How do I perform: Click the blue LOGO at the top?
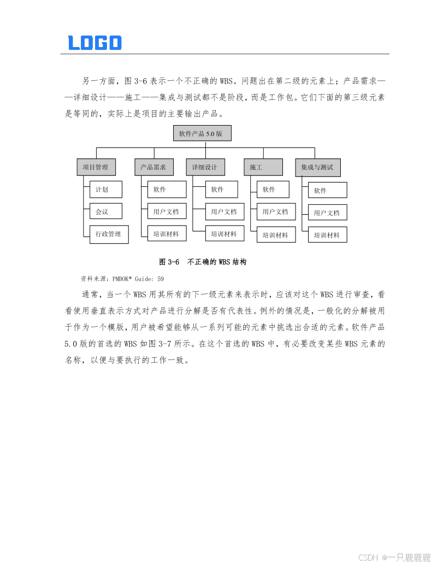point(95,43)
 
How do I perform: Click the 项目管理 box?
point(96,167)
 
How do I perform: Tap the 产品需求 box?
point(153,167)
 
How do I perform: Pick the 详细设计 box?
point(205,167)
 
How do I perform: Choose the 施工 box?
point(263,167)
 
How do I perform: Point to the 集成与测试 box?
point(317,167)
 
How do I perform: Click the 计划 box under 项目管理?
point(106,190)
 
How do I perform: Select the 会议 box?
point(106,211)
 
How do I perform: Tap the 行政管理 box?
point(109,234)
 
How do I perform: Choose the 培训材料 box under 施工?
point(276,235)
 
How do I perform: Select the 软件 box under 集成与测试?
point(327,190)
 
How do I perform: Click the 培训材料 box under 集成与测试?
point(327,235)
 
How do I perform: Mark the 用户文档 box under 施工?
point(276,211)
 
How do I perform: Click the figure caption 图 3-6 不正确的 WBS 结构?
point(203,262)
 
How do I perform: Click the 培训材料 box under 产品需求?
point(167,234)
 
